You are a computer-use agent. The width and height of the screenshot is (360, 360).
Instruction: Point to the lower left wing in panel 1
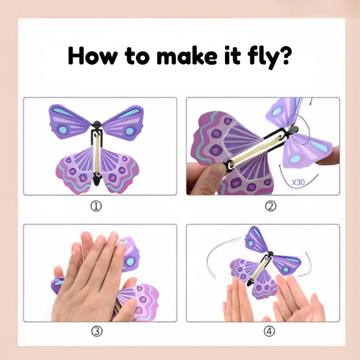75,167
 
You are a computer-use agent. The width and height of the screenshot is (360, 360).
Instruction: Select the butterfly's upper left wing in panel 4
257,240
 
